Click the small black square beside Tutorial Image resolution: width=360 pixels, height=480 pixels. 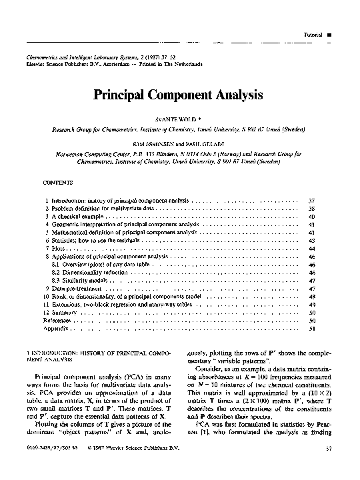point(329,34)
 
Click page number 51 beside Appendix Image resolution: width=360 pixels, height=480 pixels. point(311,329)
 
